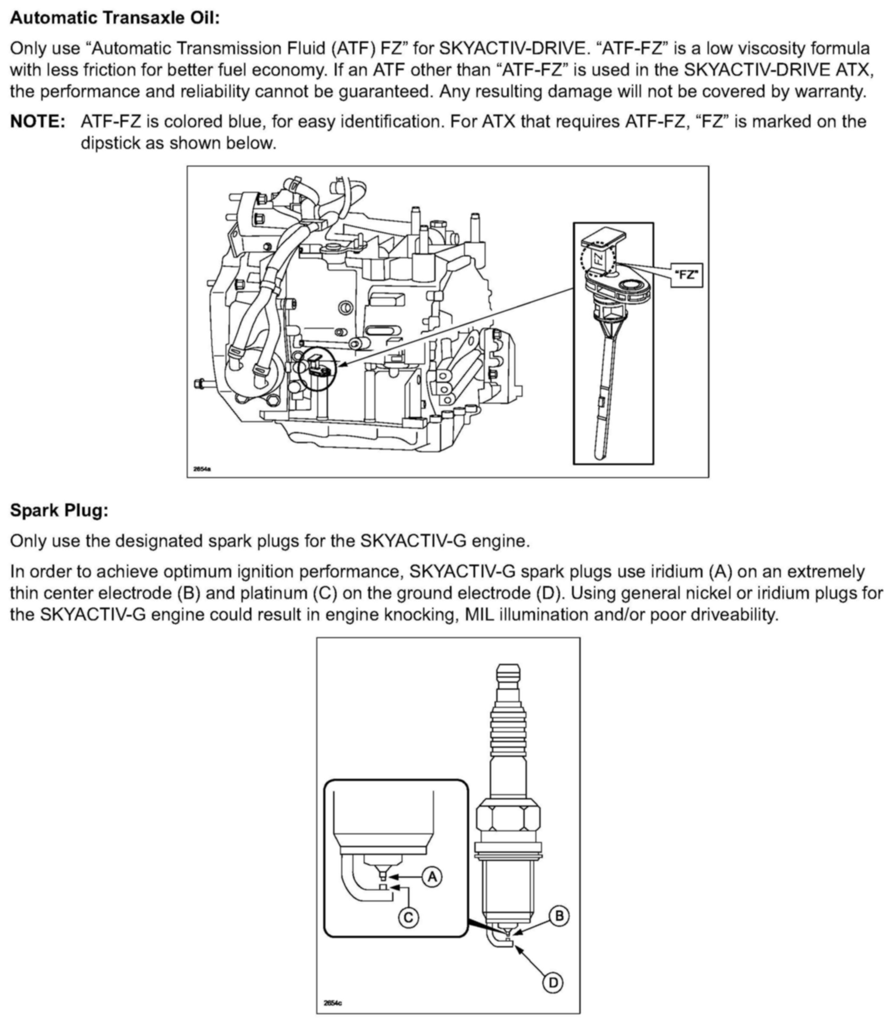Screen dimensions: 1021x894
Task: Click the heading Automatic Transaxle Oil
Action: pyautogui.click(x=115, y=18)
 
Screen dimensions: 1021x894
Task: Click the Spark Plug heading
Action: pyautogui.click(x=59, y=510)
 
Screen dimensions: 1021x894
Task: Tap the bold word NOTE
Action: pyautogui.click(x=38, y=122)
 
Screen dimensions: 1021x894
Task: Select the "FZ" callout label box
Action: pyautogui.click(x=686, y=275)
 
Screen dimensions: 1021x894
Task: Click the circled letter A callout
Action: pyautogui.click(x=432, y=876)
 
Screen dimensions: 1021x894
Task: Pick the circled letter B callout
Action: pyautogui.click(x=559, y=916)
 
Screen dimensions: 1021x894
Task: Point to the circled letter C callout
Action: pyautogui.click(x=408, y=918)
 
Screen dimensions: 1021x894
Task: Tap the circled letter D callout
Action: pyautogui.click(x=553, y=983)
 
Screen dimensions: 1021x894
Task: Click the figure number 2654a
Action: pyautogui.click(x=202, y=469)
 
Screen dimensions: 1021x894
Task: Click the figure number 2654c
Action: pyautogui.click(x=332, y=1002)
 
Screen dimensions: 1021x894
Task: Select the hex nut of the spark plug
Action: pyautogui.click(x=508, y=823)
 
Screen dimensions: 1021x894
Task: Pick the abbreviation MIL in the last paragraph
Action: pyautogui.click(x=479, y=614)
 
